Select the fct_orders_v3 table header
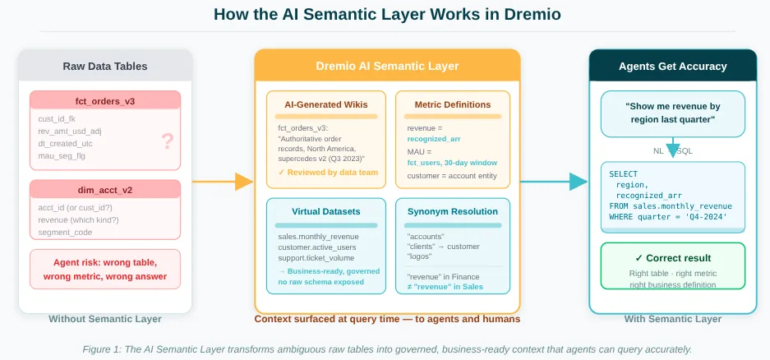coord(104,101)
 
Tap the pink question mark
coord(168,141)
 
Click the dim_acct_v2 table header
coord(104,190)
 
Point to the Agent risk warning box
coord(104,269)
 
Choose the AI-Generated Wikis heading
coord(326,104)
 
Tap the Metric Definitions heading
coord(452,104)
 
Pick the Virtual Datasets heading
coord(325,211)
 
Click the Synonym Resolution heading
coord(452,211)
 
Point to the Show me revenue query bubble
coord(672,113)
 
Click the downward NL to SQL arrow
coord(672,149)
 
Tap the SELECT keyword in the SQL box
coord(623,173)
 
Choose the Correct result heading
coord(672,257)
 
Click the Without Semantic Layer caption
coord(104,319)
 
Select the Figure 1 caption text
coord(387,349)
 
